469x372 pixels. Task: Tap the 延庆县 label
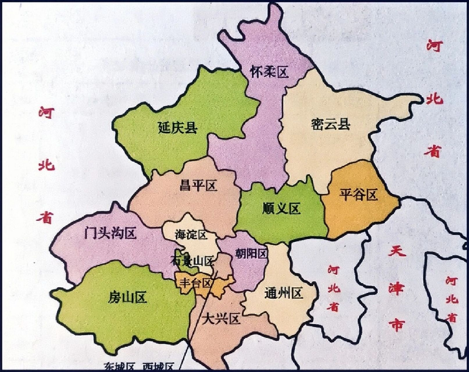point(178,128)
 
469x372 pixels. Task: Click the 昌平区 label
point(198,185)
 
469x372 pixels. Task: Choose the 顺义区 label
point(281,208)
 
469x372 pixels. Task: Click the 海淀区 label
point(191,235)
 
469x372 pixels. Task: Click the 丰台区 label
point(195,283)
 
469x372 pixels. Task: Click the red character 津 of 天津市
point(397,288)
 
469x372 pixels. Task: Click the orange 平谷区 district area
point(361,215)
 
